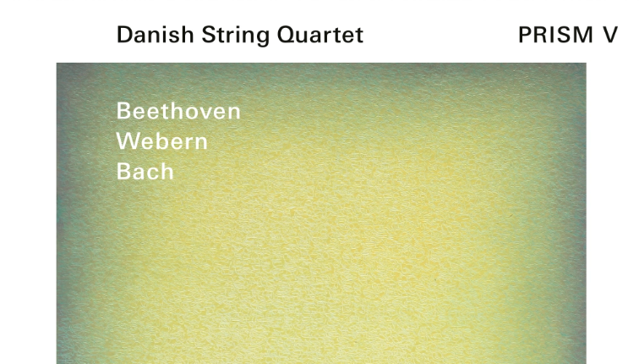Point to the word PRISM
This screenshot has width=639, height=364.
pos(554,35)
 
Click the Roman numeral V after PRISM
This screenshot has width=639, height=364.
pos(610,35)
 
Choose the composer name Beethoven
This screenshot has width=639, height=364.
pos(178,111)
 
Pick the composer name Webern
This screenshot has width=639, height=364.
pos(161,141)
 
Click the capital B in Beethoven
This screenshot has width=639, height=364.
pos(123,111)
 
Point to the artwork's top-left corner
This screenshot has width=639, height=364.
pos(57,64)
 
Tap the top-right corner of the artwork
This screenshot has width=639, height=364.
pos(585,64)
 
